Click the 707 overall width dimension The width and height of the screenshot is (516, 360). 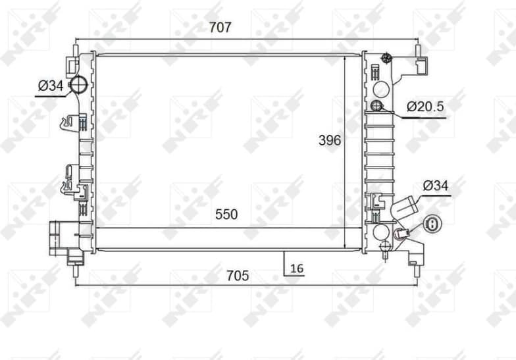(220, 28)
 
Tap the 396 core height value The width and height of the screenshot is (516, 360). (329, 140)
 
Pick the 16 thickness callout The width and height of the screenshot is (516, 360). (297, 268)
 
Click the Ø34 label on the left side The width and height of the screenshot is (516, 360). (51, 85)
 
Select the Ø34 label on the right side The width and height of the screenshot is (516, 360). (435, 186)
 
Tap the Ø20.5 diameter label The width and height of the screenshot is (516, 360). (425, 106)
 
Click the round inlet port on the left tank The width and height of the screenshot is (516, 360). (79, 84)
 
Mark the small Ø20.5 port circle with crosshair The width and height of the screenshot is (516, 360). (377, 107)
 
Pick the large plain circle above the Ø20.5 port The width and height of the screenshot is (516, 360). (380, 89)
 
